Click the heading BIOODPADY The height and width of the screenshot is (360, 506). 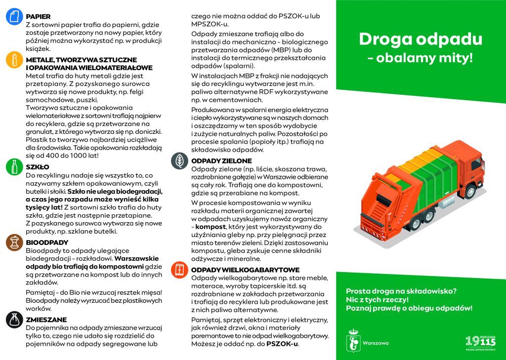pyautogui.click(x=47, y=242)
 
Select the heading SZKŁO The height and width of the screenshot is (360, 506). pyautogui.click(x=38, y=167)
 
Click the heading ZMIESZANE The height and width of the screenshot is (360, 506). pyautogui.click(x=47, y=320)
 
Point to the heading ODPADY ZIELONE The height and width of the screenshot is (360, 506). pyautogui.click(x=221, y=161)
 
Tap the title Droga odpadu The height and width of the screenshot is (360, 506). pyautogui.click(x=420, y=39)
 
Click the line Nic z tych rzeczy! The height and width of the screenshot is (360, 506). pyautogui.click(x=377, y=300)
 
